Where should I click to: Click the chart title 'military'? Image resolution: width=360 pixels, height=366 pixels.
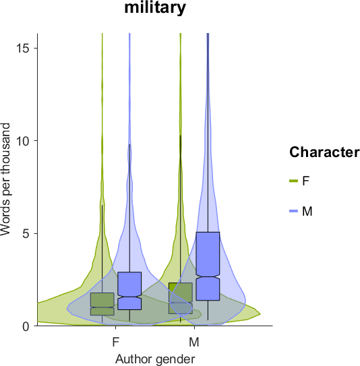[x=155, y=8]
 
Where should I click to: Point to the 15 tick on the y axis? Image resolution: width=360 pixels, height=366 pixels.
[x=36, y=48]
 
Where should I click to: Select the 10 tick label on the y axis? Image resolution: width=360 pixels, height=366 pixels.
[x=24, y=140]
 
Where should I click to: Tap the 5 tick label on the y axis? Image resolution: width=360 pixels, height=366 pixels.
[x=28, y=233]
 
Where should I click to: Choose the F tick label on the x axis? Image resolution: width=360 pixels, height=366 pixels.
[x=116, y=342]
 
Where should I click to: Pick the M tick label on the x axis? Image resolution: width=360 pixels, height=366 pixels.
[x=194, y=342]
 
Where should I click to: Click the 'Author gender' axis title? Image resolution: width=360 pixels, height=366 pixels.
[x=155, y=359]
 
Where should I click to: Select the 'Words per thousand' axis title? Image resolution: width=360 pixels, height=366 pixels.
[x=5, y=179]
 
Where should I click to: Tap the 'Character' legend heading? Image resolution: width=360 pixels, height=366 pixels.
[x=324, y=152]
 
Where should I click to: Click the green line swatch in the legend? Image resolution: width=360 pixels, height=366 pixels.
[x=293, y=181]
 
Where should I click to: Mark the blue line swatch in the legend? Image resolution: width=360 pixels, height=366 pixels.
[x=293, y=211]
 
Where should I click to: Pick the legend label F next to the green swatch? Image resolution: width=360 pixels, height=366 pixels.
[x=306, y=181]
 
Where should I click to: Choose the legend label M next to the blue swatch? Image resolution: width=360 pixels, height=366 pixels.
[x=307, y=211]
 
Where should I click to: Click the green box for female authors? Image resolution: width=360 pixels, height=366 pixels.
[x=102, y=304]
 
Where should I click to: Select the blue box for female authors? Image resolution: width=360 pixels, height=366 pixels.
[x=129, y=291]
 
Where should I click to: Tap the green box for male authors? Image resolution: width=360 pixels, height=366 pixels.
[x=181, y=298]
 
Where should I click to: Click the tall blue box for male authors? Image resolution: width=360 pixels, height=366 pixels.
[x=208, y=266]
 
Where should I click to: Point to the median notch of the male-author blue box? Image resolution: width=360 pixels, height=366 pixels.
[x=208, y=276]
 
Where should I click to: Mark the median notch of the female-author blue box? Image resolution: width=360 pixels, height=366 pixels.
[x=129, y=297]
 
